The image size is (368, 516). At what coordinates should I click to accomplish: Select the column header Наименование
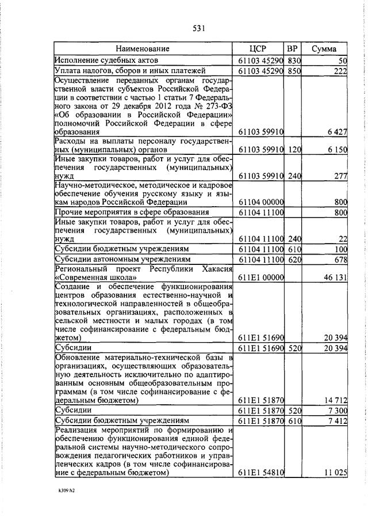tap(143, 49)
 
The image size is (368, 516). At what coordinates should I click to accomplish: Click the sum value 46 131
tap(336, 277)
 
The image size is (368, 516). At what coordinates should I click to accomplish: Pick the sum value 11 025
tap(336, 473)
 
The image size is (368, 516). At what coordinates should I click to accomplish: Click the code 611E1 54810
tap(261, 473)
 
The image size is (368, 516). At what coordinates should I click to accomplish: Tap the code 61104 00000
tap(261, 202)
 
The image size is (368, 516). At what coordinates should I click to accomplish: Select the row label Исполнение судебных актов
tap(106, 60)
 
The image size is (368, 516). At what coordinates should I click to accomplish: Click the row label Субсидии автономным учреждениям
tap(116, 260)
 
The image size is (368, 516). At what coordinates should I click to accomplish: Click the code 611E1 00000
tap(261, 277)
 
